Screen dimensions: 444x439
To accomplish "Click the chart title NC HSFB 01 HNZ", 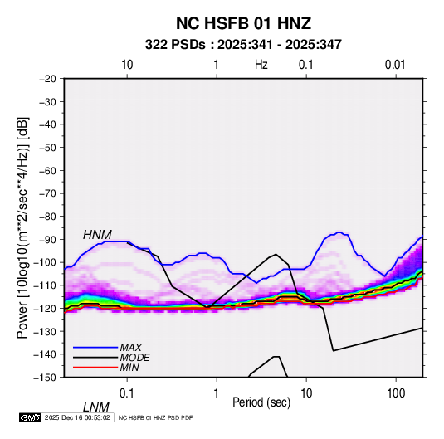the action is [x=243, y=23].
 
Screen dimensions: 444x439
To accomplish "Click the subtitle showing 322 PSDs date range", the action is [x=243, y=45].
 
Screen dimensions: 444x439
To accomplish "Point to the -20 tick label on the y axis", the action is [x=48, y=79].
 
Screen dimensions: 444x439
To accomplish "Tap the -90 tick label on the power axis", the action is [x=48, y=239].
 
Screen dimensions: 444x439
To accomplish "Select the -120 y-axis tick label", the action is [x=46, y=308].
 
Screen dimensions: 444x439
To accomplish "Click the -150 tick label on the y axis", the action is [x=46, y=378].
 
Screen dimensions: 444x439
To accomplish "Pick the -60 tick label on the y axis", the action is [x=48, y=170].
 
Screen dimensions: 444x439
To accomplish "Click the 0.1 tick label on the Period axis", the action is [x=127, y=393].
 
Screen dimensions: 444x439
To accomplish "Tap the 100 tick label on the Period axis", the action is [x=396, y=393].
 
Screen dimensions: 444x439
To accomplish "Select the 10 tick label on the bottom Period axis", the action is [x=306, y=393].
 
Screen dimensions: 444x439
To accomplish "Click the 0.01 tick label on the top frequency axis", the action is [x=395, y=65].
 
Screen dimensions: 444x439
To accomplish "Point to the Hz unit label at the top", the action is [x=261, y=65].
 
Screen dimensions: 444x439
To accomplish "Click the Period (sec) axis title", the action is [x=261, y=402].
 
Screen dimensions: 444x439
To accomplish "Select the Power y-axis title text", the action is [x=22, y=228].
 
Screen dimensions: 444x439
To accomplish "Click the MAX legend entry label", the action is [x=131, y=348].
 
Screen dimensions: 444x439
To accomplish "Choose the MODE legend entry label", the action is [x=134, y=358].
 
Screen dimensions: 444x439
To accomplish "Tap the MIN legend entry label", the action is [x=129, y=368].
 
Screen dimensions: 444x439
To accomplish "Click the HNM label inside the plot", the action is [x=97, y=235].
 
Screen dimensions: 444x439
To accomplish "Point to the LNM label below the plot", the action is [x=96, y=407].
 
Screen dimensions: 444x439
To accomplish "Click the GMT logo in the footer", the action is [x=31, y=417].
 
